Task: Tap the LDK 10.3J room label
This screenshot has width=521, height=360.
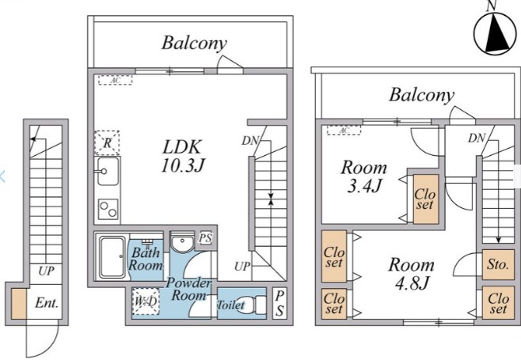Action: pos(182,156)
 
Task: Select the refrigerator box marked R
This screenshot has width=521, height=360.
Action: pos(107,142)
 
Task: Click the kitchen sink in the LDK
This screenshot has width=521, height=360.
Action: pos(107,172)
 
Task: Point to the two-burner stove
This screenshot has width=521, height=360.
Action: pos(108,209)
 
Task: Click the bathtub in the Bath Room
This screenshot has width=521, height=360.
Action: pos(113,256)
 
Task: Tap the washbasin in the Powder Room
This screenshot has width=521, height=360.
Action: pos(182,243)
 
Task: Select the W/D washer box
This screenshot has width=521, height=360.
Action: pos(146,301)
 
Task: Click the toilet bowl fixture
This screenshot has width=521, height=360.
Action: pos(253,305)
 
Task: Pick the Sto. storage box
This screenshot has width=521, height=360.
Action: pos(498,264)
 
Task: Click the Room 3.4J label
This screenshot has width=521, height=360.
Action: pos(364,176)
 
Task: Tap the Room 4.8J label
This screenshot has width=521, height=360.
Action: pos(412,274)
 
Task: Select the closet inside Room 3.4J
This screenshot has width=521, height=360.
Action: pos(426,199)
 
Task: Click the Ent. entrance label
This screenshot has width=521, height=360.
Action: pos(47,302)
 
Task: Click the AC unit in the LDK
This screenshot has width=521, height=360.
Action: pos(116,80)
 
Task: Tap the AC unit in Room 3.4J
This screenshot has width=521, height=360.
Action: pos(344,131)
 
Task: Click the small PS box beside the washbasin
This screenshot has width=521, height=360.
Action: pos(206,238)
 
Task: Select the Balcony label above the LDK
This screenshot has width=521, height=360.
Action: pos(194,44)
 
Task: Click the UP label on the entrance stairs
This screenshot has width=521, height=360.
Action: pos(46,271)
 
